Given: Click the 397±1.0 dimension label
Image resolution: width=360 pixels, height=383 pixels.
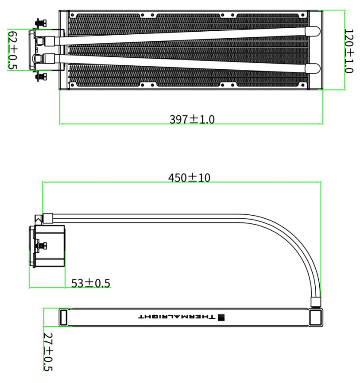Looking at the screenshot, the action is click(192, 119).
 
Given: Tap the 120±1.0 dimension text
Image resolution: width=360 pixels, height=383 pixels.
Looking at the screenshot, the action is click(349, 51).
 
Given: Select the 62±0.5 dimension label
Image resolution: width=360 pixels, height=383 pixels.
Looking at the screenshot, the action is click(13, 50).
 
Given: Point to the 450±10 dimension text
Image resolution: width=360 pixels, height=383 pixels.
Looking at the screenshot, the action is click(189, 177).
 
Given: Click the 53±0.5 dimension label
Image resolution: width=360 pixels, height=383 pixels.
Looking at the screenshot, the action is click(91, 283).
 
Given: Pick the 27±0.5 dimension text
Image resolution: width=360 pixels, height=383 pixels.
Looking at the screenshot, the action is click(48, 352).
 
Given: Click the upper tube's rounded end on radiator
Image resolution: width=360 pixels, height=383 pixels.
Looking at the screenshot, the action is click(312, 31).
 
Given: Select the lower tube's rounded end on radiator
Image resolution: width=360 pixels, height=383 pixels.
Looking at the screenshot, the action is click(313, 69).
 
